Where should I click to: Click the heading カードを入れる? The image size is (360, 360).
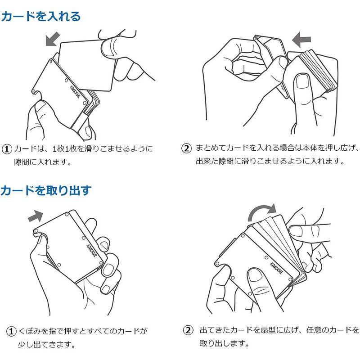41,17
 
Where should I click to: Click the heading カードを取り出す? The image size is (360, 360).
45,190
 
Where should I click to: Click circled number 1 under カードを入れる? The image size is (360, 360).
7,149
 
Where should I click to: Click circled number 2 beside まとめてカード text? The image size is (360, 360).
186,148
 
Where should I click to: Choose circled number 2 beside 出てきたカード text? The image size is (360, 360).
188,331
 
